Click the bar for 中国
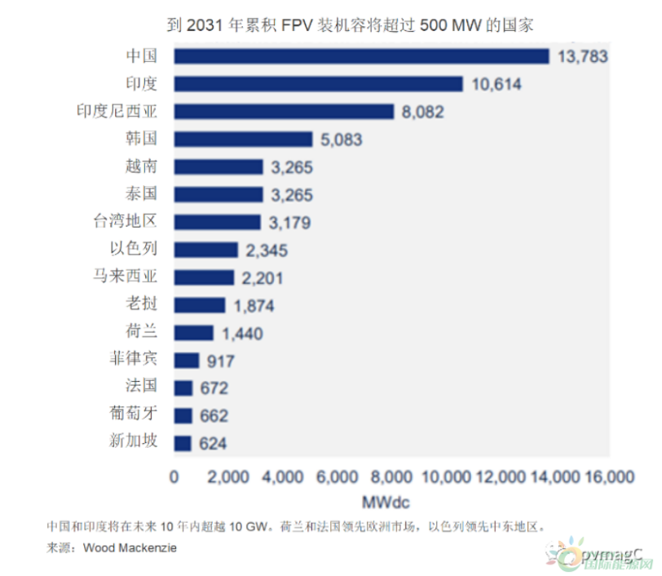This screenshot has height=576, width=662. coord(361,55)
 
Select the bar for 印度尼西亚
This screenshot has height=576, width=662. coord(284,111)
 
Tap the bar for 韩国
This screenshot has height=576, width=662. coord(243,139)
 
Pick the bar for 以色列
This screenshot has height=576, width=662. coord(205,250)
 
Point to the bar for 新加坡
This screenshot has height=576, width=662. coord(183,443)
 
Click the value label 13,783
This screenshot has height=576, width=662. coord(583,56)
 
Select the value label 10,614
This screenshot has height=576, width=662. coord(496,84)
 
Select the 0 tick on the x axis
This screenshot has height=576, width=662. coord(174,476)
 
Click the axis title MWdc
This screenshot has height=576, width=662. coord(391,497)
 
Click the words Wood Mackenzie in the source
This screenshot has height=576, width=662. coord(130,548)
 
